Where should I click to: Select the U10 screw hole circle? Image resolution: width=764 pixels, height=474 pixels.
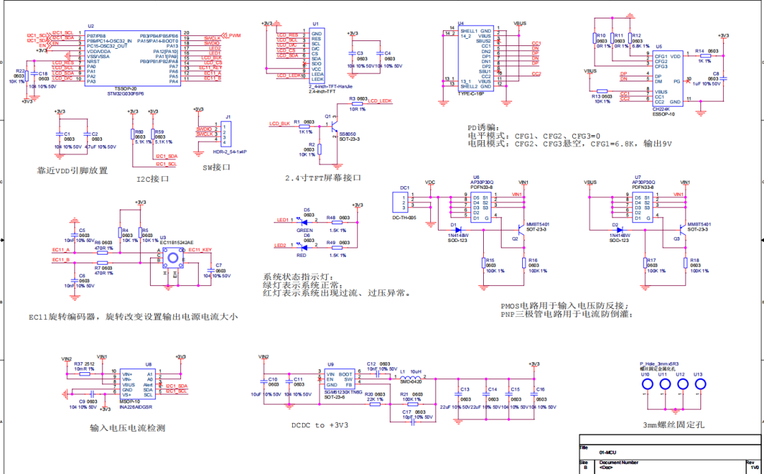point(647,384)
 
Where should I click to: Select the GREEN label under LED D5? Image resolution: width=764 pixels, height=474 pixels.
point(305,230)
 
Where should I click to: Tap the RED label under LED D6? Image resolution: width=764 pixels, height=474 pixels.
point(301,255)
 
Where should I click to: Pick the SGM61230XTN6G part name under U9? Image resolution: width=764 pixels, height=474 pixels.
point(344,392)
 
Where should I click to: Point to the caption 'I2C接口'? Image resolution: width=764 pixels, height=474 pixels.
point(153,179)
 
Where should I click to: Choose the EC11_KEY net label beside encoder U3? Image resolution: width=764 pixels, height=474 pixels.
point(199,250)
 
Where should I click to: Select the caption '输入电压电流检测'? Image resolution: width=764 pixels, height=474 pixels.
point(127,428)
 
